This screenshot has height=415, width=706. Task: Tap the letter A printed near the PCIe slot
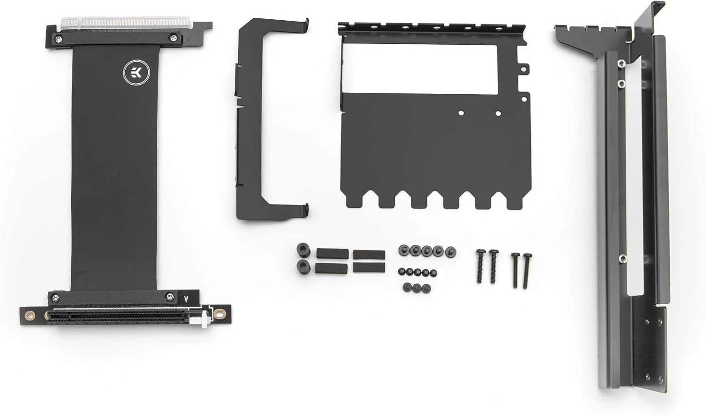187,299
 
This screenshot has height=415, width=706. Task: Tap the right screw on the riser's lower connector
170,296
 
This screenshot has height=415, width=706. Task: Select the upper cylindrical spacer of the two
302,249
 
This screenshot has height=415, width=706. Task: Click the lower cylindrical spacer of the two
302,267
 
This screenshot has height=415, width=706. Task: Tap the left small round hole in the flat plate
461,113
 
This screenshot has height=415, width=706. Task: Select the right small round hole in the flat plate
498,113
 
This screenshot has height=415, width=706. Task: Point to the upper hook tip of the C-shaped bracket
306,22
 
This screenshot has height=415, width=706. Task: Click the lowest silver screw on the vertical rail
622,258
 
